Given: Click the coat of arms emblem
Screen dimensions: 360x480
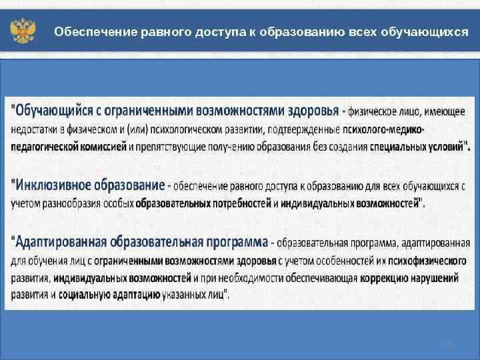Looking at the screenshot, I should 22,31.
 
